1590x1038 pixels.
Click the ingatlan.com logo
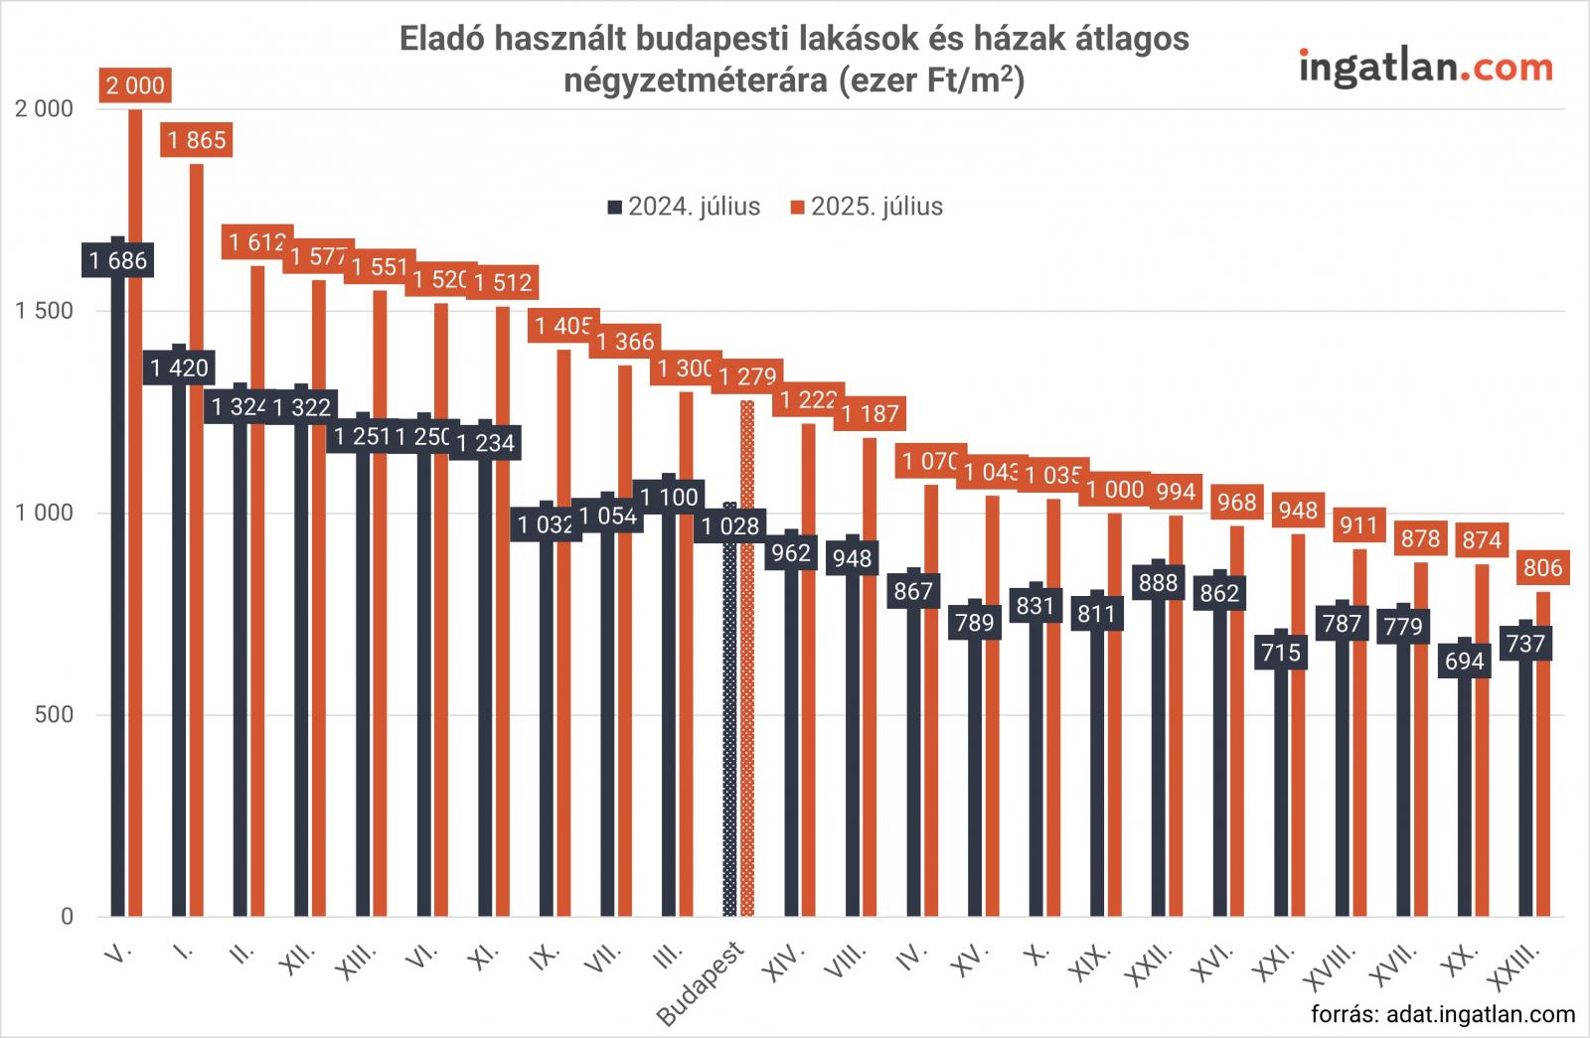pos(1425,67)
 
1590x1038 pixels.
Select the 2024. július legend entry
pos(684,207)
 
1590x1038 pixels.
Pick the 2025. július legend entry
pos(867,207)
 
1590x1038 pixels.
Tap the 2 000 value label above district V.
pos(135,85)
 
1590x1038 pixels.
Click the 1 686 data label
pos(118,260)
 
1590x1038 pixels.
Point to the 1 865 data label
pos(197,140)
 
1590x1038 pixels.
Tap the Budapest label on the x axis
pos(704,983)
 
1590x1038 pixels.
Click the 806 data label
pos(1542,568)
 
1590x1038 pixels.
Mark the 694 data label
pos(1465,661)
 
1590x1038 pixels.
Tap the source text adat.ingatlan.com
pos(1443,1014)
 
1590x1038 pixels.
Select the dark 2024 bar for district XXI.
pos(1281,795)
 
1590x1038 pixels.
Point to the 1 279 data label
pos(747,377)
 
